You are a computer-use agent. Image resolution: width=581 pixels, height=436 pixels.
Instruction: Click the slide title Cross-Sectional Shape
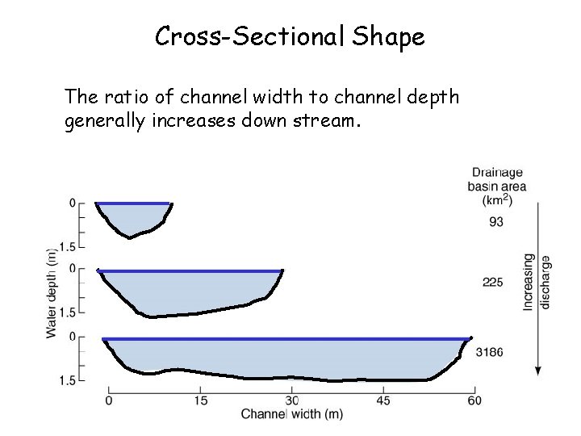pos(290,36)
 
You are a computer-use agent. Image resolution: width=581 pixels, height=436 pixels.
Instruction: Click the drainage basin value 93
pos(496,220)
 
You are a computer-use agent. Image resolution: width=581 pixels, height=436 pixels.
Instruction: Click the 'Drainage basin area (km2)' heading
pos(497,185)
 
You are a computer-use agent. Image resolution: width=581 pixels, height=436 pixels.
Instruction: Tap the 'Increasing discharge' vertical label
pos(537,282)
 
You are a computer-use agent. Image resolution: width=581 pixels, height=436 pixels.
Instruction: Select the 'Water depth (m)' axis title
pos(52,291)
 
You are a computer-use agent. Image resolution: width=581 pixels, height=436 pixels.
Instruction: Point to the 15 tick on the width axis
pos(201,400)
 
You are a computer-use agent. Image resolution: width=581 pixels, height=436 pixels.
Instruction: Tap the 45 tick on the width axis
pos(383,400)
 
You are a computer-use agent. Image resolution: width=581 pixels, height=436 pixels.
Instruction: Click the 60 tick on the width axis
pos(474,400)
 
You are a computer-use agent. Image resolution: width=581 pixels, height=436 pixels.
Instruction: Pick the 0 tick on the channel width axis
pos(110,400)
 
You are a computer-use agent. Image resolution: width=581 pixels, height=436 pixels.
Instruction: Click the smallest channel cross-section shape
pos(132,218)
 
